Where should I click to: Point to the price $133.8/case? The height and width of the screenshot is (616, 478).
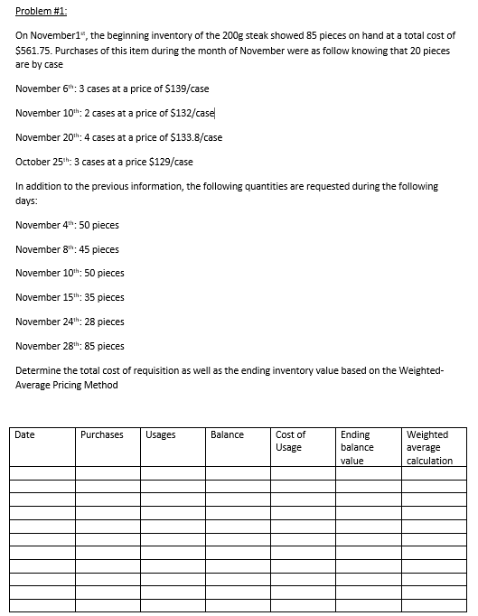click(x=192, y=137)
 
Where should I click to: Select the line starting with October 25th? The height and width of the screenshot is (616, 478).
click(x=105, y=162)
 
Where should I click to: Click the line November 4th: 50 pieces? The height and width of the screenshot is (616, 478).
click(x=68, y=224)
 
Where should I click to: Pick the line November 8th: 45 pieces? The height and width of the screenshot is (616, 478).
click(x=68, y=248)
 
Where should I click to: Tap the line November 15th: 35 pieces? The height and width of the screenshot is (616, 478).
click(x=70, y=297)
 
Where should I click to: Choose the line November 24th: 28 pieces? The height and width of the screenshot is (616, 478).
click(x=70, y=322)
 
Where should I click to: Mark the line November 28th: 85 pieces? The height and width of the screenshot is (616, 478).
click(x=70, y=346)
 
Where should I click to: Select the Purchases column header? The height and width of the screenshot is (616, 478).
click(x=102, y=435)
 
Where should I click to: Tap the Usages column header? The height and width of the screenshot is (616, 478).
click(x=160, y=435)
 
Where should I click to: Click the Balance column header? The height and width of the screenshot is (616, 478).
click(x=227, y=435)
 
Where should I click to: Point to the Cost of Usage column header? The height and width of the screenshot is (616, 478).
click(x=291, y=441)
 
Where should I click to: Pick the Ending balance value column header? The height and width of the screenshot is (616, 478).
click(x=357, y=447)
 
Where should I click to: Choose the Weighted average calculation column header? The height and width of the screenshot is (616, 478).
click(x=430, y=447)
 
